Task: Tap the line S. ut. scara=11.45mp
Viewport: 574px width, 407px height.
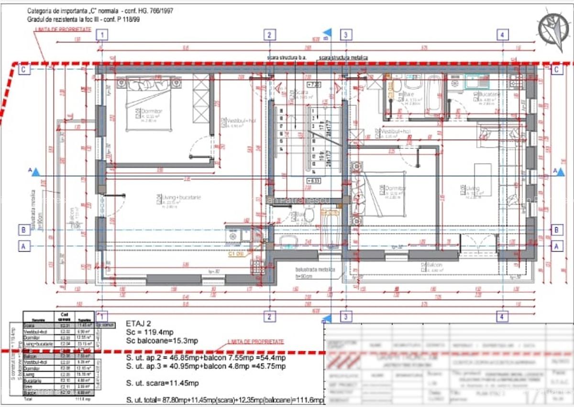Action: click(x=162, y=383)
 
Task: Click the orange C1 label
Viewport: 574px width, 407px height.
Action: click(x=236, y=254)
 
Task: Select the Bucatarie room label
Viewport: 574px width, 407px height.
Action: click(x=490, y=95)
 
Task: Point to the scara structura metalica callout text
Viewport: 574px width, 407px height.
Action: click(x=343, y=57)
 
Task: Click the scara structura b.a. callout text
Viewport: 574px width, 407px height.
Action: click(x=287, y=57)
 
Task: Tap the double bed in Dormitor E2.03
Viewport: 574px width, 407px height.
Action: click(x=144, y=102)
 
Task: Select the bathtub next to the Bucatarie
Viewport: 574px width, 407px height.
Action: click(x=435, y=94)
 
